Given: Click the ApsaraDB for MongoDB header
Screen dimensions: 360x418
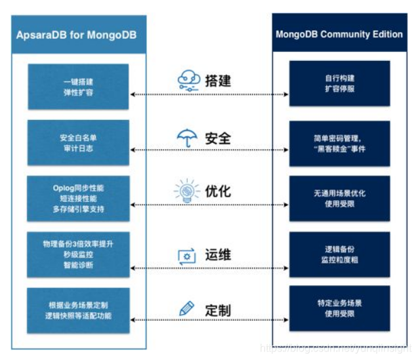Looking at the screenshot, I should [x=76, y=34].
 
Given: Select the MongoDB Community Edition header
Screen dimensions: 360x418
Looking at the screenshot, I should [x=339, y=34].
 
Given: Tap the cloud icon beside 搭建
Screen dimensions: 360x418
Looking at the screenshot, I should [x=189, y=81].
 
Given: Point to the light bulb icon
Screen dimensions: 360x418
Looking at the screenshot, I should [x=186, y=191].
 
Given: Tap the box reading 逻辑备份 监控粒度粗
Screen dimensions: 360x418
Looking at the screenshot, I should [x=339, y=254].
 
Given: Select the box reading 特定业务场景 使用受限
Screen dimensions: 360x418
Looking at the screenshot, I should [x=339, y=308].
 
